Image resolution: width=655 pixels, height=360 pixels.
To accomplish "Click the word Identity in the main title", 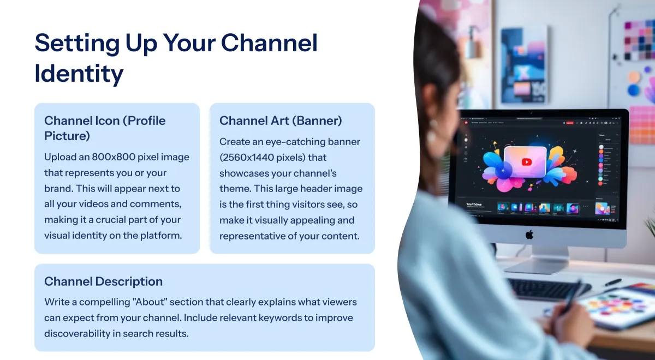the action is pos(79,74).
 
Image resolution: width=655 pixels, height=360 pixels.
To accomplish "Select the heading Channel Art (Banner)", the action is pos(281,121).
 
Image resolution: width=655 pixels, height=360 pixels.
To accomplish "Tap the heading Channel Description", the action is pos(104,281).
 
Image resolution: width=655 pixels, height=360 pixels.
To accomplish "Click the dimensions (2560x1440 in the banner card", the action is pos(246,158).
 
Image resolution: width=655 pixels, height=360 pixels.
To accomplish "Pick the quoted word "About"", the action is pos(150,302).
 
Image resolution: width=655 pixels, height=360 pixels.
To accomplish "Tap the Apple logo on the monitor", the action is pos(529,235).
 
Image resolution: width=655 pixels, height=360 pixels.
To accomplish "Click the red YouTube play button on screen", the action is pos(527,162).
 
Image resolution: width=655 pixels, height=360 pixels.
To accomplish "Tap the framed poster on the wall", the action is pos(525,65).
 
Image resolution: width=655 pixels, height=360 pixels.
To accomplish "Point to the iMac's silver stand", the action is pos(538,260).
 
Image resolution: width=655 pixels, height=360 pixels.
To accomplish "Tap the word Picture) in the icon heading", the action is pos(67,136).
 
